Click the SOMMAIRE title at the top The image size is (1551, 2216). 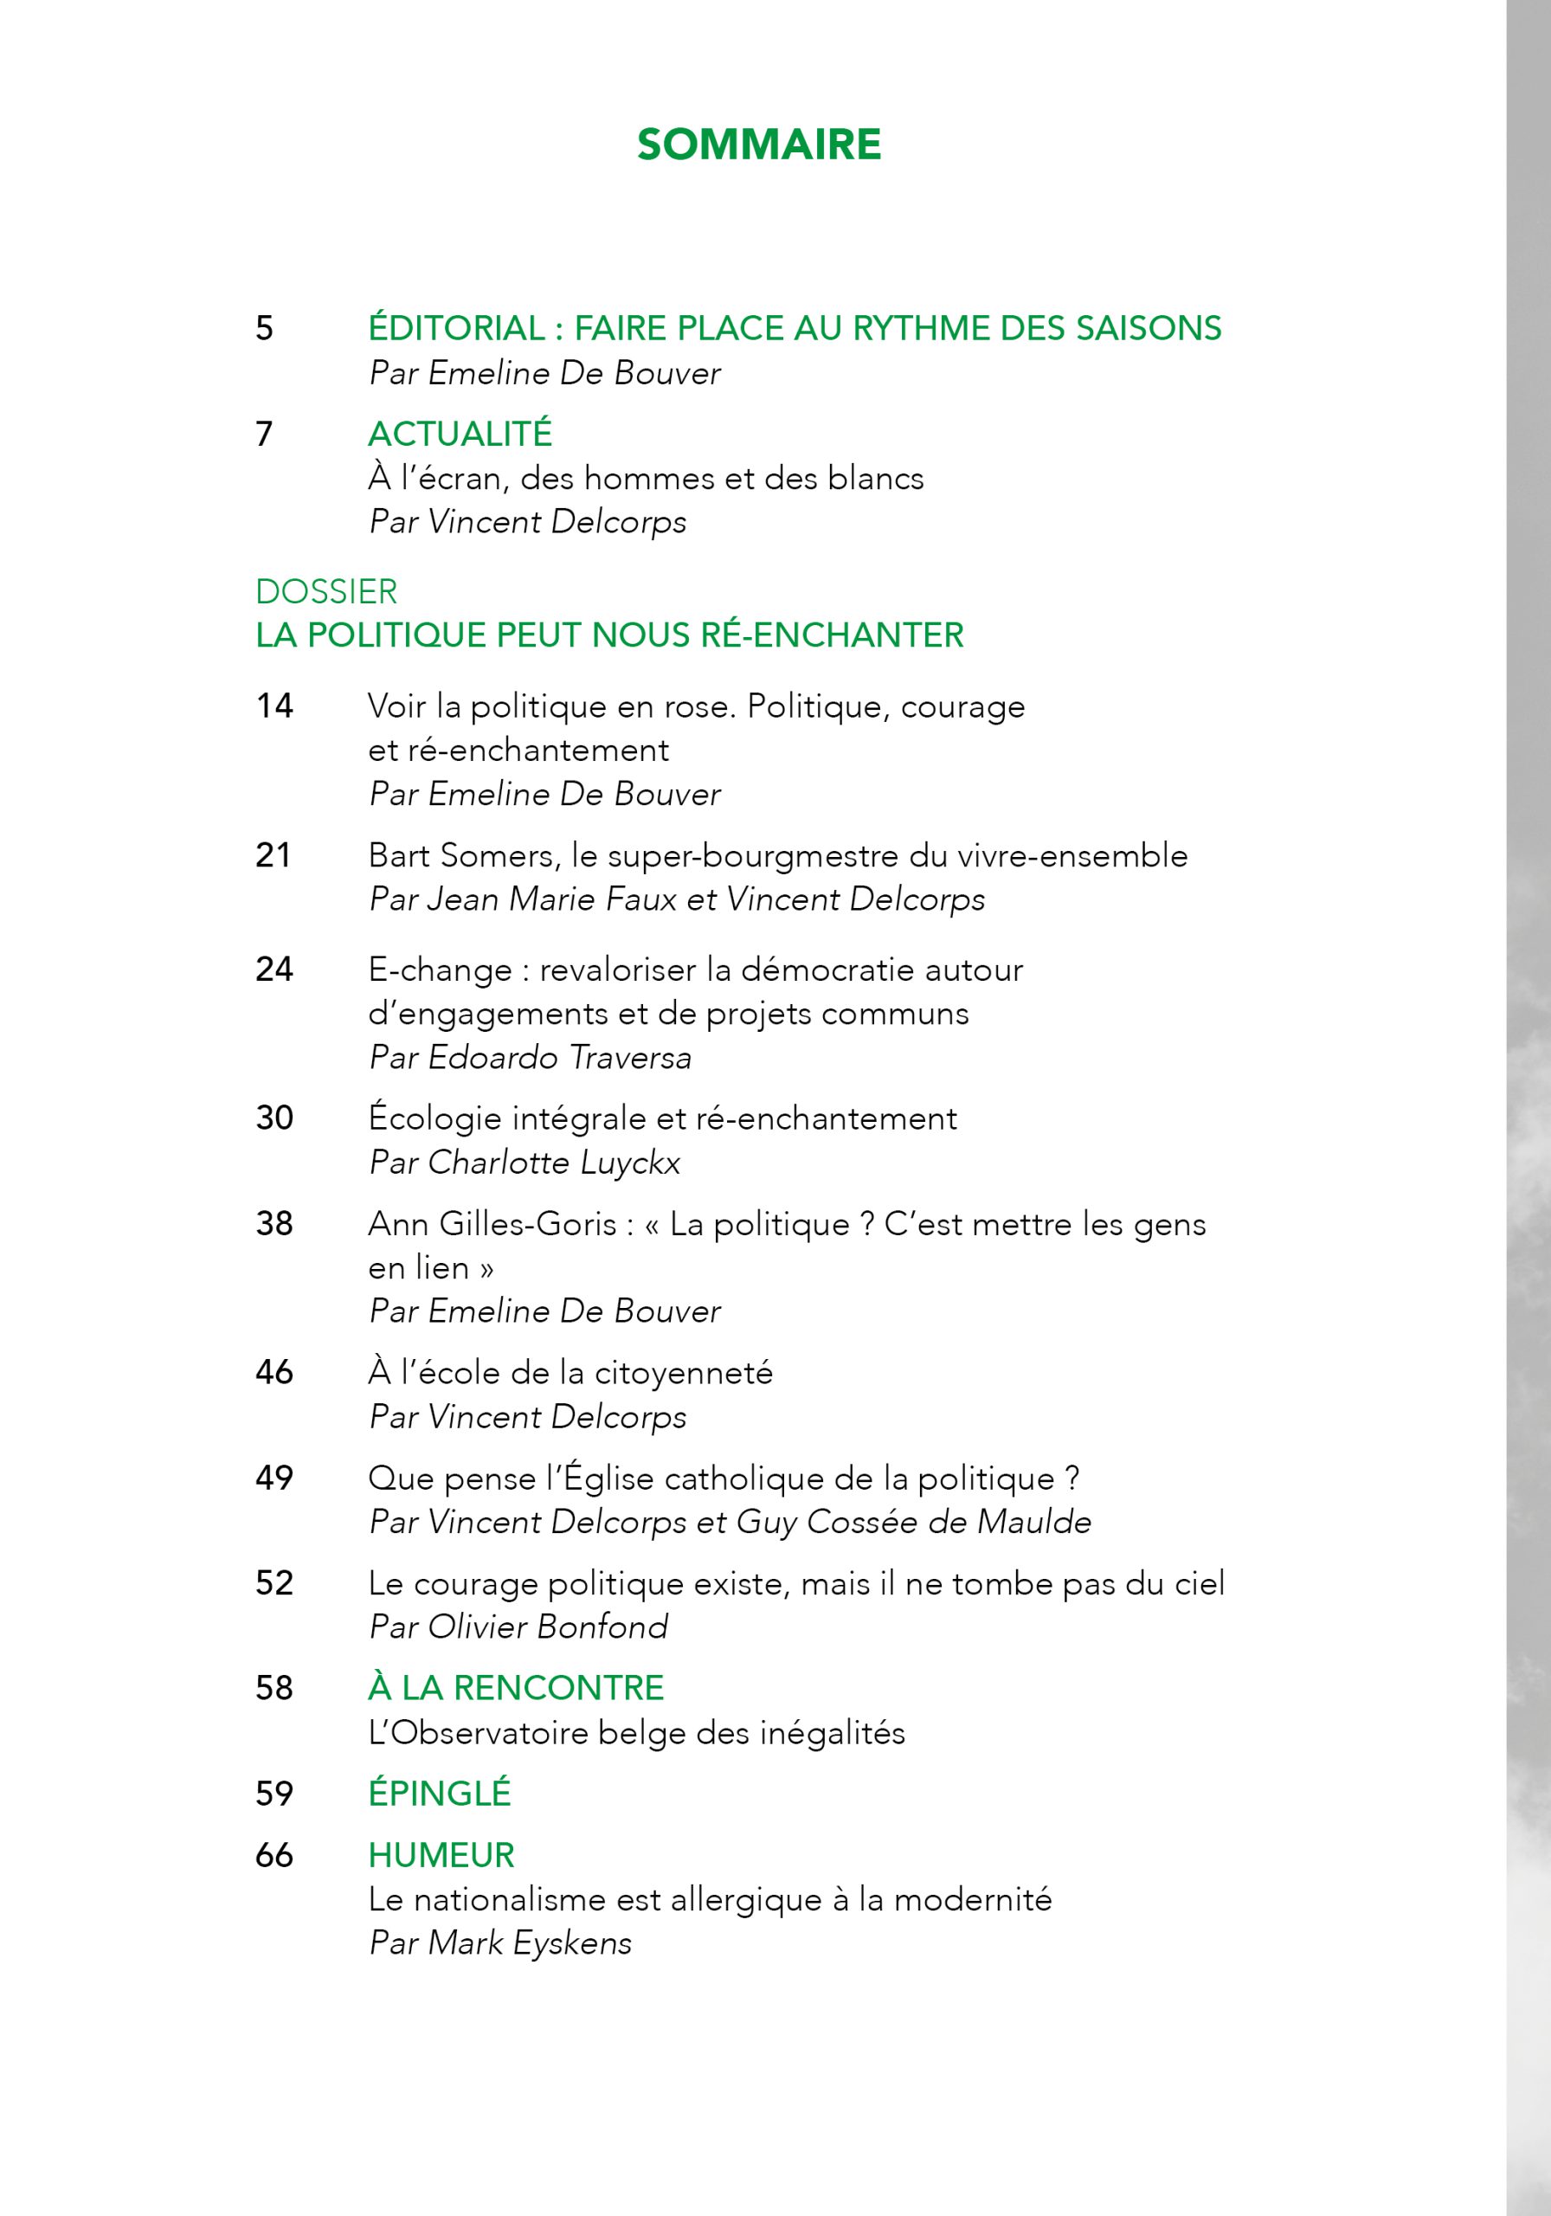(x=758, y=145)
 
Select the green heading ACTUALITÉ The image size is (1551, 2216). (x=460, y=434)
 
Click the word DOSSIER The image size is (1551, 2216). (x=326, y=590)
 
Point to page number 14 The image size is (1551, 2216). (x=274, y=705)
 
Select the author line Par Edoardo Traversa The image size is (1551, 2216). (x=530, y=1057)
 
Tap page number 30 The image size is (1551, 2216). (x=274, y=1118)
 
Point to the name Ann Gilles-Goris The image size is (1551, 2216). (x=492, y=1224)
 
